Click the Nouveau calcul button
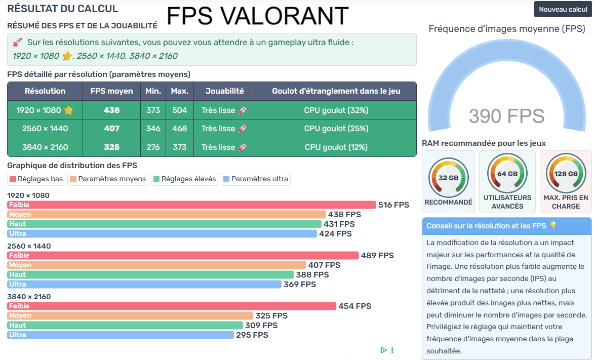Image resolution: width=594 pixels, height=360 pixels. tap(563, 10)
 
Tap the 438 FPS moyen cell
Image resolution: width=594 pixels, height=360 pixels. tap(111, 110)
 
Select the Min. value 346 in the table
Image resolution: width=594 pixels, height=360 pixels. tap(153, 129)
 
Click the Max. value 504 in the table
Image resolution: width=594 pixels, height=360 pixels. tap(179, 110)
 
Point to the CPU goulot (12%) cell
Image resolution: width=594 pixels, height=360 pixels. tap(336, 147)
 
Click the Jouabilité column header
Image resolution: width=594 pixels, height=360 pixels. tap(225, 91)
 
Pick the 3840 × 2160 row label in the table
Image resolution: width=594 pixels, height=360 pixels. tap(45, 147)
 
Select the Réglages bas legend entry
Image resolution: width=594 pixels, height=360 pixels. tap(36, 179)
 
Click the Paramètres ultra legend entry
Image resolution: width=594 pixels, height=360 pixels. tap(256, 179)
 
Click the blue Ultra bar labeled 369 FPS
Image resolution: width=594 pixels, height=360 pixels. tap(144, 284)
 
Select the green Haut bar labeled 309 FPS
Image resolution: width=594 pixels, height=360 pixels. tap(125, 325)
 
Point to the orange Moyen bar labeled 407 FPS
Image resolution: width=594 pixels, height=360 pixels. tap(156, 265)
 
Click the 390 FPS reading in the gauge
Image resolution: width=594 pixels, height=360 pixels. tap(506, 116)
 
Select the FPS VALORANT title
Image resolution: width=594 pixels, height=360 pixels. tap(257, 16)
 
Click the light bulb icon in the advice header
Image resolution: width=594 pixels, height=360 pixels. tap(552, 226)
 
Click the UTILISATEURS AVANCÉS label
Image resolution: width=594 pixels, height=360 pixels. tap(507, 202)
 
